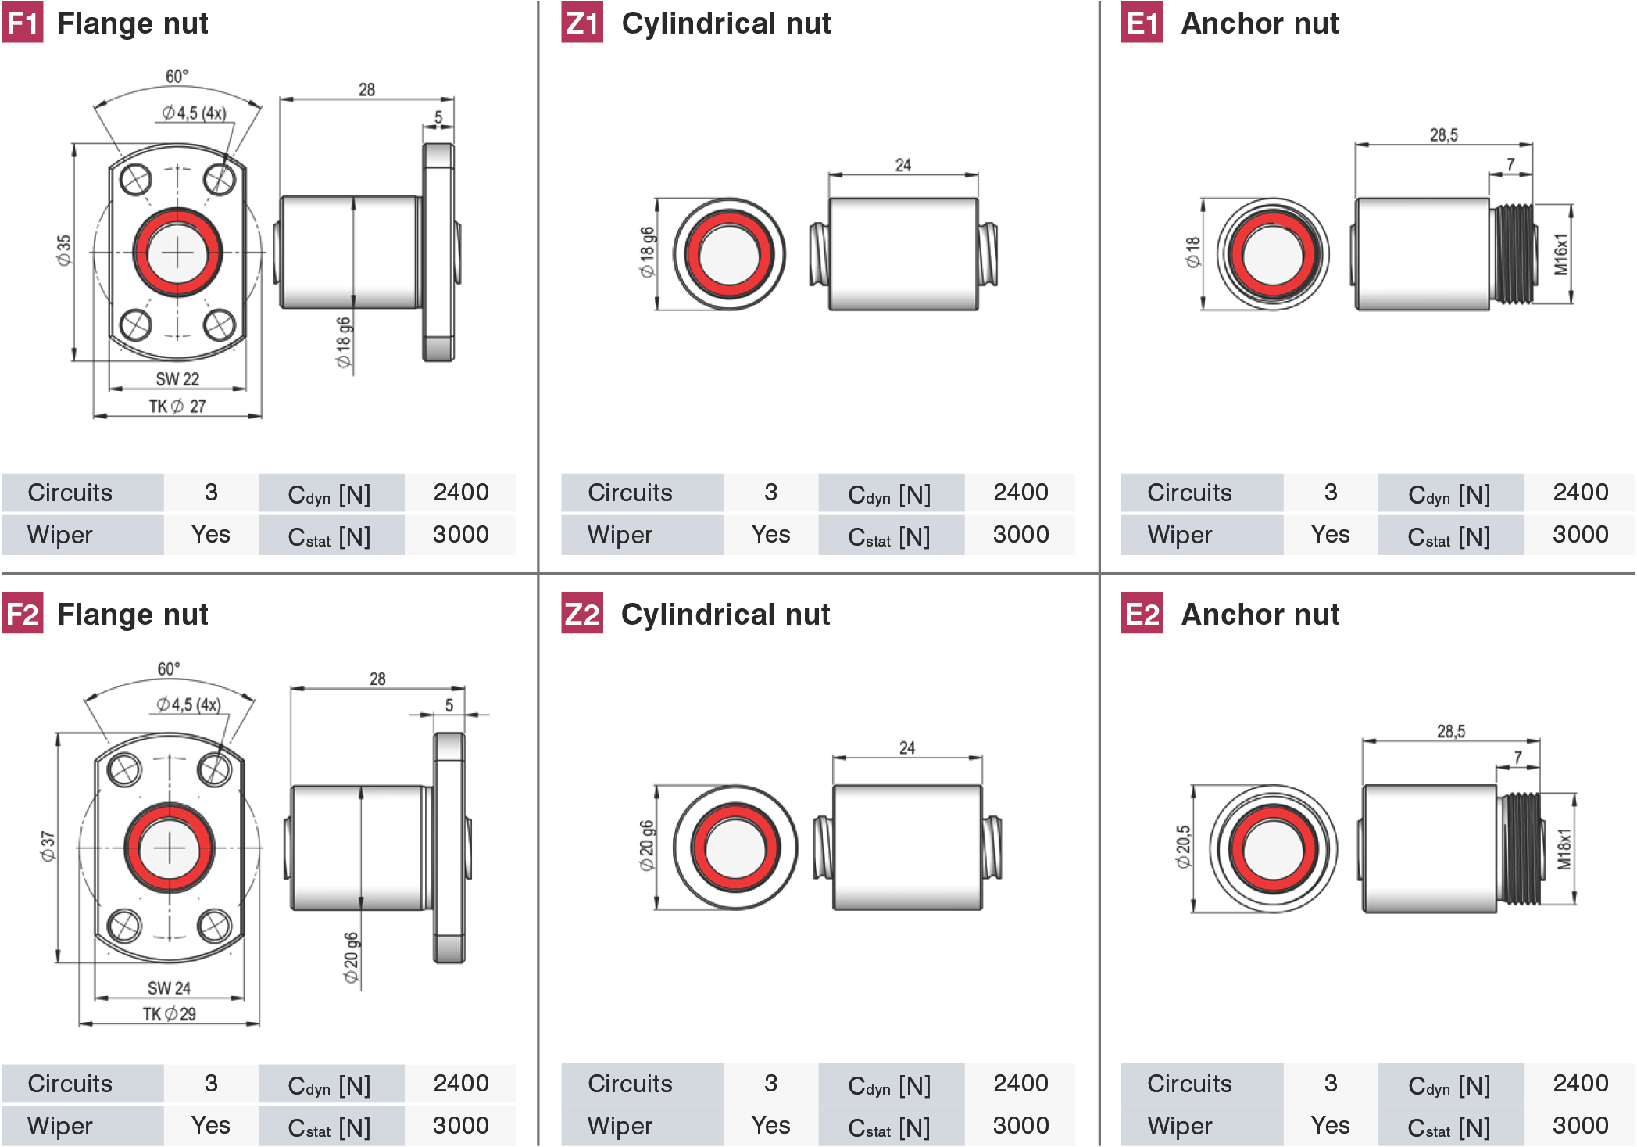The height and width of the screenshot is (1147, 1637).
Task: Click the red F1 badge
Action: pos(22,23)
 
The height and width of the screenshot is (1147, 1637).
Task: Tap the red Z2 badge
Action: pos(582,614)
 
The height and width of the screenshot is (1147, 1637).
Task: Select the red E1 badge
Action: pos(1142,23)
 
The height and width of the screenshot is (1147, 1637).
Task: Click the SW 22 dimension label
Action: pos(177,379)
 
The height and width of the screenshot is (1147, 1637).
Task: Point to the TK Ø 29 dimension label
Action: pos(170,1014)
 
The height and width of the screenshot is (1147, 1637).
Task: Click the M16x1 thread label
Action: pos(1561,254)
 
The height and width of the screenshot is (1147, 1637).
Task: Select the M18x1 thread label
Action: pos(1564,849)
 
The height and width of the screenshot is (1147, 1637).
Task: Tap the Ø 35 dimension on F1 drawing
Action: pos(64,250)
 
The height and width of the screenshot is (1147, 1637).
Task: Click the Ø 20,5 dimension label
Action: pos(1184,847)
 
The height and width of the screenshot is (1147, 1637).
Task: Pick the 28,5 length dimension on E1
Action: pos(1443,135)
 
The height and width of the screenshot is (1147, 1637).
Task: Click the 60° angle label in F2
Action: pos(169,669)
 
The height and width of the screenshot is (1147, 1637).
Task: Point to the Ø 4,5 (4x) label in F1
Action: pos(194,113)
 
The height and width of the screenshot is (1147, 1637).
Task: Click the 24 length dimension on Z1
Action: pos(902,165)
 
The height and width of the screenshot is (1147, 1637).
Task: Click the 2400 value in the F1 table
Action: pos(460,493)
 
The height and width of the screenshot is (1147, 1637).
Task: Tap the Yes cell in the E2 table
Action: pos(1330,1125)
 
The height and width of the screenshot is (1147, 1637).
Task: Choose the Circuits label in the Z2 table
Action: pos(630,1084)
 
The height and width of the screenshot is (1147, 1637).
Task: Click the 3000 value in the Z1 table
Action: pos(1020,535)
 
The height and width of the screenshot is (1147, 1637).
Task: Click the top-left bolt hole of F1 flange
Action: pos(136,179)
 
